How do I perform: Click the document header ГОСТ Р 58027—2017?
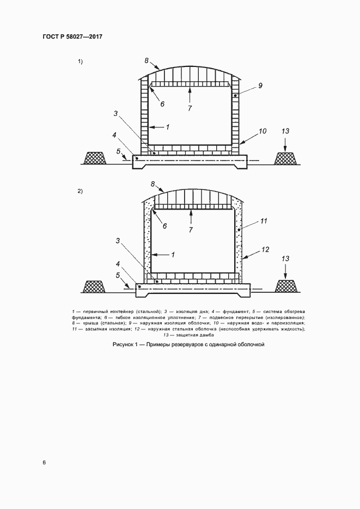(x=72, y=36)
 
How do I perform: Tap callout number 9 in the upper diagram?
(x=260, y=85)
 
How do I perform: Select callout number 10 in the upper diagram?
(x=263, y=131)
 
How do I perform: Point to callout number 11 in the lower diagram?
(x=263, y=221)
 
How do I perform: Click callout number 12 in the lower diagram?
(x=265, y=250)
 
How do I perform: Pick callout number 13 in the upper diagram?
(x=285, y=131)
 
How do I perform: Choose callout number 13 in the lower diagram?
(x=285, y=259)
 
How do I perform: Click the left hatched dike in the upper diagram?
(x=95, y=158)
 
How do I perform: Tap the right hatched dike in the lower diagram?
(x=286, y=286)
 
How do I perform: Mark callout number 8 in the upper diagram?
(x=147, y=60)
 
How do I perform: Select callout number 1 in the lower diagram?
(x=173, y=255)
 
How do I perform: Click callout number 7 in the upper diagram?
(x=190, y=108)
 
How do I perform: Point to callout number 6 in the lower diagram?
(x=164, y=226)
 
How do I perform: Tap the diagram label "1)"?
(x=80, y=62)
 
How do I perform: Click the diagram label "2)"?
(x=80, y=191)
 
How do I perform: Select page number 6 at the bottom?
(x=44, y=463)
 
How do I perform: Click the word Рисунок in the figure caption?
(x=122, y=345)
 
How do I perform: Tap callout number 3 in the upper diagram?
(x=115, y=114)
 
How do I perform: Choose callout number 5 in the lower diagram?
(x=118, y=275)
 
